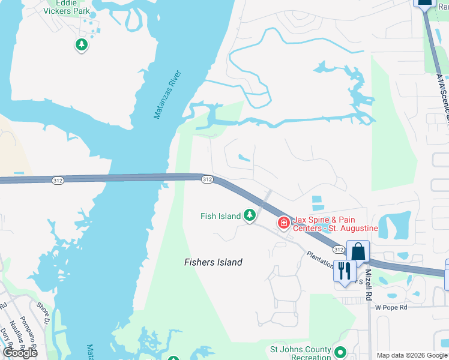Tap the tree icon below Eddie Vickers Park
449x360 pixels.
click(82, 45)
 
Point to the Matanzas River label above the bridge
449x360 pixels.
click(167, 95)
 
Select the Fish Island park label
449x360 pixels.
click(220, 216)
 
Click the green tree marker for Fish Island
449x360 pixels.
click(250, 215)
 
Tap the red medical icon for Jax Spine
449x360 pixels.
click(283, 223)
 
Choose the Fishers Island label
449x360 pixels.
click(213, 262)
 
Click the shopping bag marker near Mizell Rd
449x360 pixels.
click(358, 253)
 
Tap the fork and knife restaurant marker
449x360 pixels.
click(344, 270)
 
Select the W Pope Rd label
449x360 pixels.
click(391, 307)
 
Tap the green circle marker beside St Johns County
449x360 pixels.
click(340, 353)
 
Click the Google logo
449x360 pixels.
click(20, 353)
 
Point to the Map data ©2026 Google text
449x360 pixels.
click(411, 355)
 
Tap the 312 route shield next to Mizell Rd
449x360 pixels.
click(339, 250)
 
